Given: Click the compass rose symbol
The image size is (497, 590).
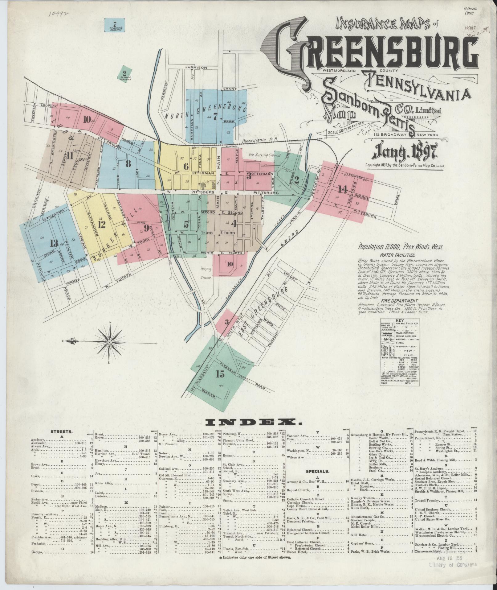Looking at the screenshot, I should (x=109, y=343).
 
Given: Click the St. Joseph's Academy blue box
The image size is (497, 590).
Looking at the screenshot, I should (x=115, y=26).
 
